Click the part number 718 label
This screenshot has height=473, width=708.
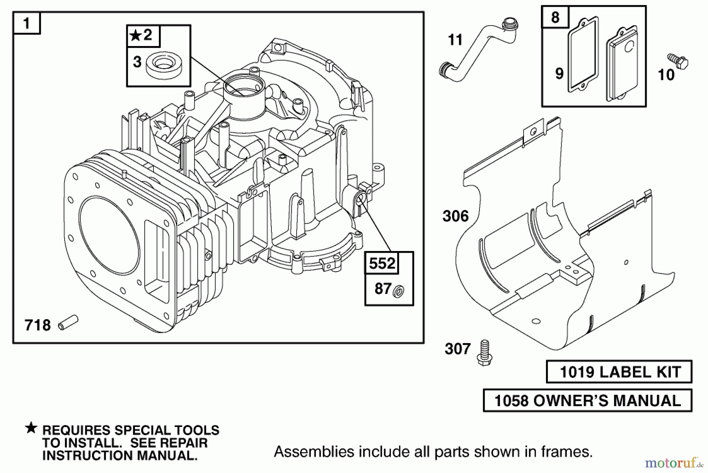pos(38,325)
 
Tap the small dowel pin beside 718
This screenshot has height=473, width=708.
pos(68,323)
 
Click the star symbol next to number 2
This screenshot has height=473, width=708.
pos(135,36)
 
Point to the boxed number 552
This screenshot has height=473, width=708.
pos(382,263)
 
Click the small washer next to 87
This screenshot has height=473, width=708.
pos(399,292)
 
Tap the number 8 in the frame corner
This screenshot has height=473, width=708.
pos(555,18)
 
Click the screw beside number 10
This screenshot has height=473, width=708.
pos(678,62)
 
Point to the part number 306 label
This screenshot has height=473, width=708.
pos(455,216)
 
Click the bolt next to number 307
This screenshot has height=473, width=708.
pos(484,353)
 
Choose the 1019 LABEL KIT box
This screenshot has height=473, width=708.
pos(619,372)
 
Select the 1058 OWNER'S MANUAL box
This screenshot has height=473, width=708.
pos(587,401)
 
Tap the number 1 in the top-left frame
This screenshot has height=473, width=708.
pos(27,23)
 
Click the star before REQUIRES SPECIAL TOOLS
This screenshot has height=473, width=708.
pos(31,428)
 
